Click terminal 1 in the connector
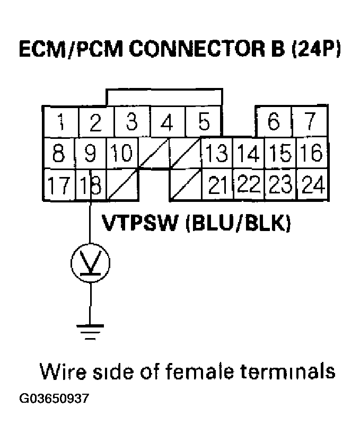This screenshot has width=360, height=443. (x=61, y=122)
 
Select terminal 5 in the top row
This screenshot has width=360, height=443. (x=204, y=122)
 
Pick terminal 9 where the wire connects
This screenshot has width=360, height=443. (x=91, y=154)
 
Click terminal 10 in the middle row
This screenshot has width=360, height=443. (x=122, y=154)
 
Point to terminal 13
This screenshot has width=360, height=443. (x=216, y=154)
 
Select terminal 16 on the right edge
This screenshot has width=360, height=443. (x=312, y=154)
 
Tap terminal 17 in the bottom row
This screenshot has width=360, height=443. (x=59, y=185)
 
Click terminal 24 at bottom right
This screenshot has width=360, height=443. (x=312, y=185)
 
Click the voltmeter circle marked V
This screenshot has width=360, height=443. (x=91, y=262)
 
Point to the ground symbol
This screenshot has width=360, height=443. (x=91, y=330)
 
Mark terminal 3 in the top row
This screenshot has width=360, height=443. (x=131, y=122)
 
